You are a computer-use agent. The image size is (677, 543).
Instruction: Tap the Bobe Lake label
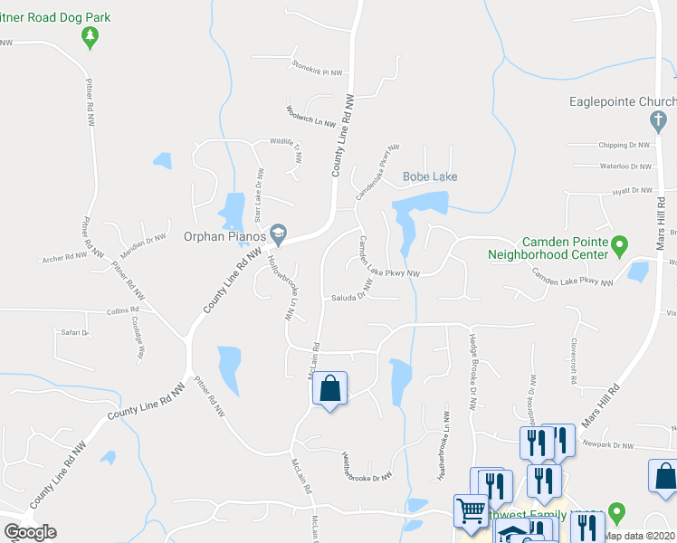pyautogui.click(x=430, y=176)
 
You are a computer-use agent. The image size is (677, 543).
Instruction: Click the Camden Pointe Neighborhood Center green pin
pyautogui.click(x=620, y=244)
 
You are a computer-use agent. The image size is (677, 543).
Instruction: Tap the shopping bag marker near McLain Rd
pyautogui.click(x=329, y=389)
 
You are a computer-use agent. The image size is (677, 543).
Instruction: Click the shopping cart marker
pyautogui.click(x=472, y=512)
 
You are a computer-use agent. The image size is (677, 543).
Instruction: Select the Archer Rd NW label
pyautogui.click(x=64, y=258)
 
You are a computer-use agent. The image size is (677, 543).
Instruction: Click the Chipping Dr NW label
pyautogui.click(x=625, y=145)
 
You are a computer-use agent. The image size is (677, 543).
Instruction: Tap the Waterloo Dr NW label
pyautogui.click(x=625, y=167)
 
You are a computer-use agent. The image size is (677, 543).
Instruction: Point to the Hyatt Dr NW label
pyautogui.click(x=632, y=190)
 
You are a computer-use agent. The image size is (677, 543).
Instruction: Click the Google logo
pyautogui.click(x=30, y=532)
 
